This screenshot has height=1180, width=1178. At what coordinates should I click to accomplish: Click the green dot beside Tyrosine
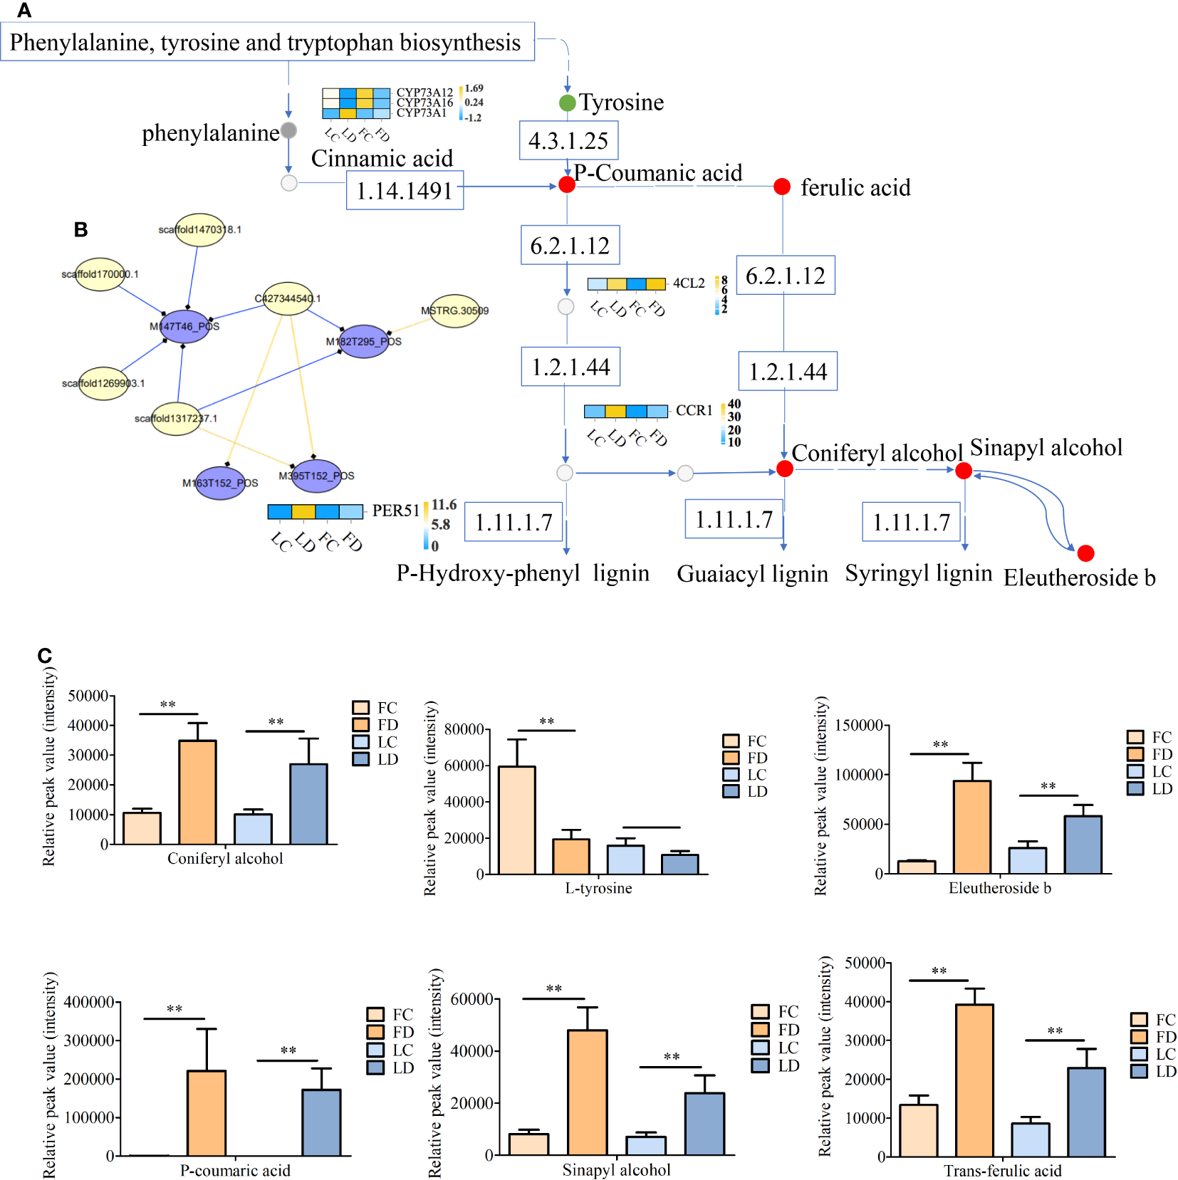[x=567, y=103]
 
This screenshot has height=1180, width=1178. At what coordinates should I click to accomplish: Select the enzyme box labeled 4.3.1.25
[x=568, y=140]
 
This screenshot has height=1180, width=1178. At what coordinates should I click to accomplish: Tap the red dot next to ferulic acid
[x=782, y=187]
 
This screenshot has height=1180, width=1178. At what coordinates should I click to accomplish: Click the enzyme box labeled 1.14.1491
[x=405, y=190]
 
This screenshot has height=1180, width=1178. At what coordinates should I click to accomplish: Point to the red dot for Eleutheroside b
[x=1085, y=553]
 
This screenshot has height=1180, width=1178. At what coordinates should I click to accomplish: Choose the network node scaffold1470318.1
[x=200, y=230]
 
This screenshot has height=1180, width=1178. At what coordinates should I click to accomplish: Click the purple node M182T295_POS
[x=364, y=341]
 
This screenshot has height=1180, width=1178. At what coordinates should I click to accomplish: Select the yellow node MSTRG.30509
[x=455, y=310]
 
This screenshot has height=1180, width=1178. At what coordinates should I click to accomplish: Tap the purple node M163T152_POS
[x=220, y=483]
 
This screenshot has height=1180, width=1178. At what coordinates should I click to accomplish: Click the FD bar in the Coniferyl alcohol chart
[x=197, y=792]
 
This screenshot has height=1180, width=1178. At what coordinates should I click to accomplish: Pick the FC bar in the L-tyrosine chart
[x=517, y=820]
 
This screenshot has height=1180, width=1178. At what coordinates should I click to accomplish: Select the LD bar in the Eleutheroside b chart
[x=1083, y=845]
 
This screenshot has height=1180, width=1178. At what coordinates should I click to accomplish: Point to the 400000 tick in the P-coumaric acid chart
[x=89, y=1002]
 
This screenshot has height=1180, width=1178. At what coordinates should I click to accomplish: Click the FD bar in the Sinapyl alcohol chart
[x=588, y=1092]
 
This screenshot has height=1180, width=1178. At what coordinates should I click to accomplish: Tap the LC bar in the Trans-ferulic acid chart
[x=1030, y=1139]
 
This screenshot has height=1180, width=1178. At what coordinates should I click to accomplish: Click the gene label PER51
[x=396, y=511]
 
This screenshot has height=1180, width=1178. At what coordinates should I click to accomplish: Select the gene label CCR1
[x=694, y=410]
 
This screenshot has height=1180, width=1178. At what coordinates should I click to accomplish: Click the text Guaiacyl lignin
[x=752, y=574]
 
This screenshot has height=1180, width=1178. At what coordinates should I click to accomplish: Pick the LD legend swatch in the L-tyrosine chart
[x=731, y=792]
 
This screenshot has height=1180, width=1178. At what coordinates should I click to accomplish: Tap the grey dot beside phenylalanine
[x=288, y=130]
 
